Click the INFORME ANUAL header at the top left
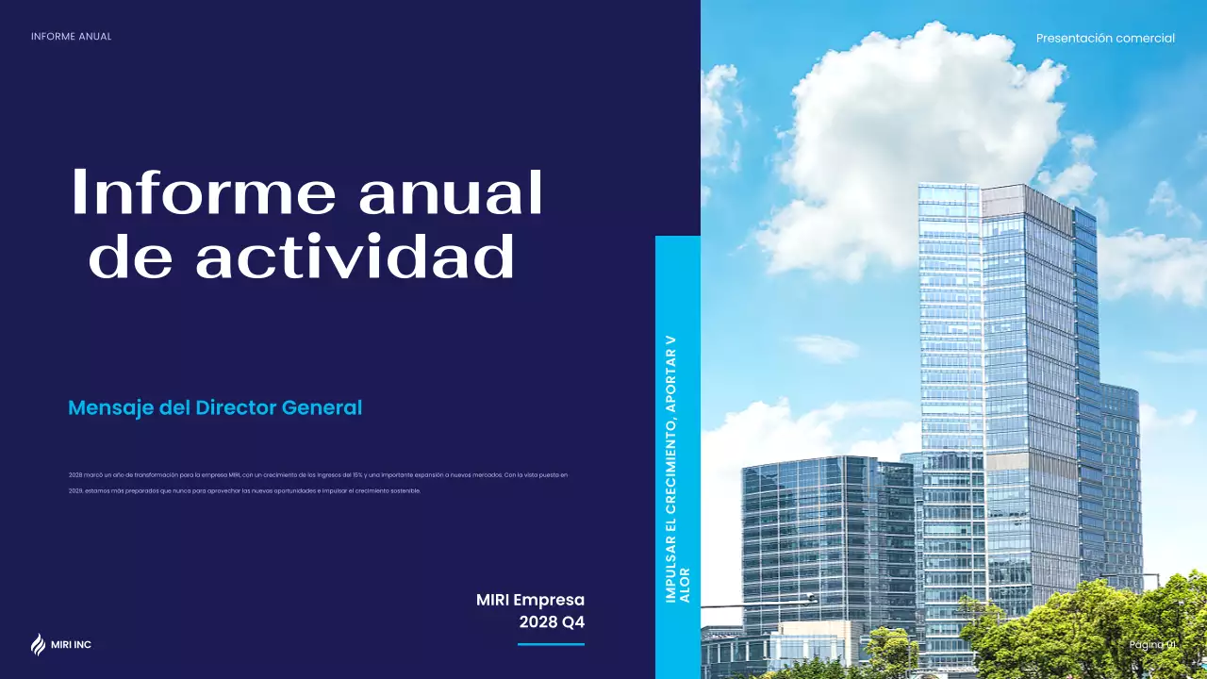pos(71,37)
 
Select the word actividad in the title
pos(355,257)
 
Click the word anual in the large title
pos(451,192)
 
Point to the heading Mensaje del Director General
pos(215,408)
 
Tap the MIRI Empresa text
pos(530,600)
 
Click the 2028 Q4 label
pos(552,622)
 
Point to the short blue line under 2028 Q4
pos(551,645)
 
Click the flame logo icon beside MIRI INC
pos(38,645)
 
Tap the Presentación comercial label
pos(1105,39)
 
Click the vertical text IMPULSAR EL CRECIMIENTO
pos(671,490)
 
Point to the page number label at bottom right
pos(1152,644)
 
